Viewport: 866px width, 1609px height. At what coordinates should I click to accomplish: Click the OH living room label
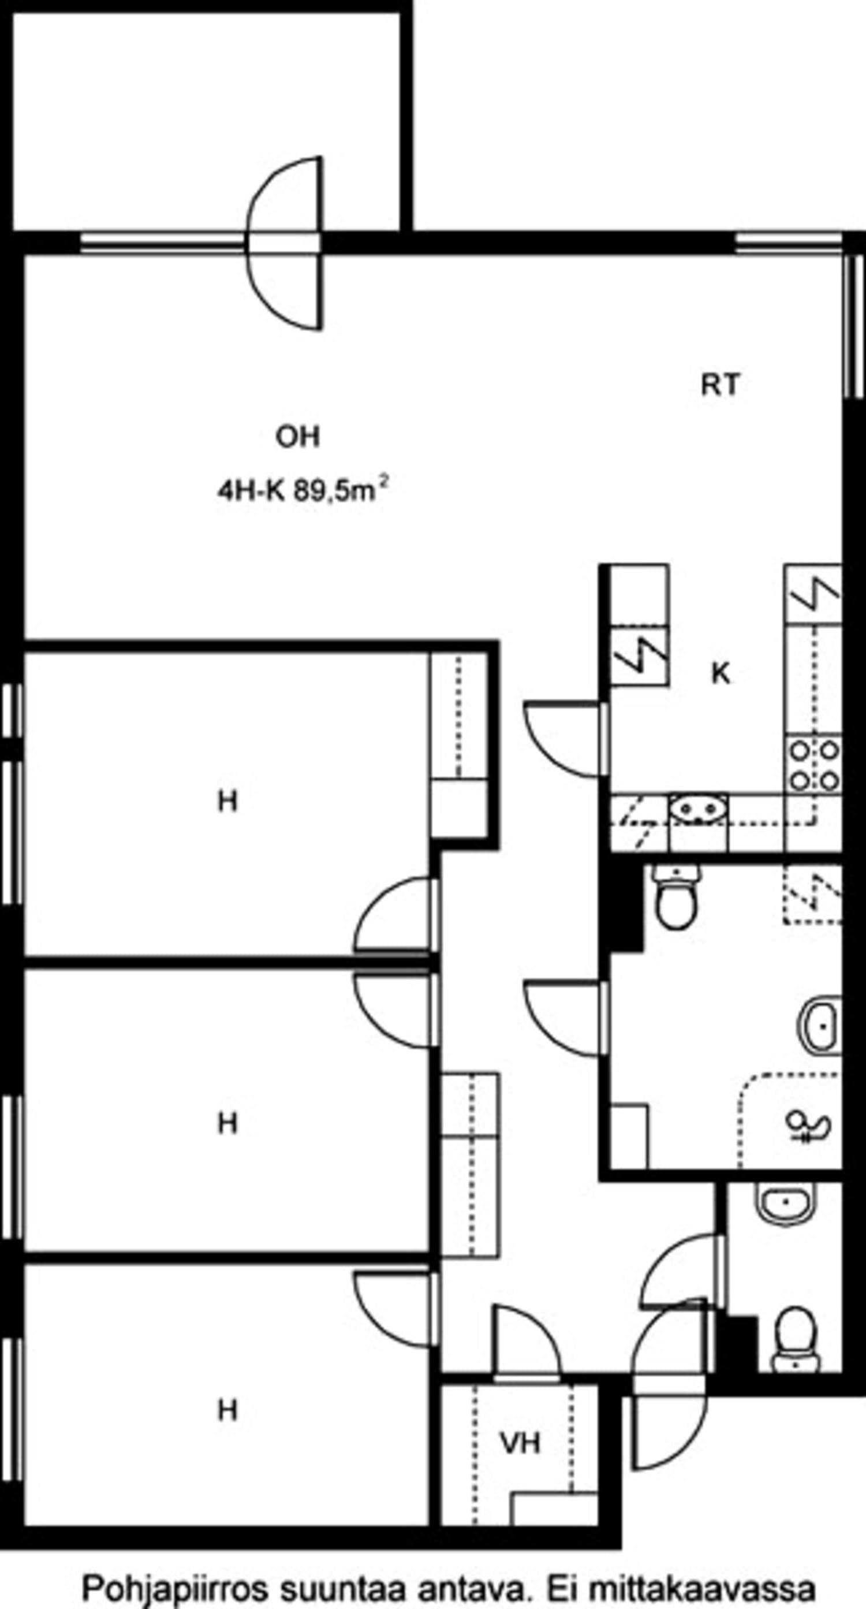point(298,437)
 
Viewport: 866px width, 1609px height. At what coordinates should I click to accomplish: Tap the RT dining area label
point(720,385)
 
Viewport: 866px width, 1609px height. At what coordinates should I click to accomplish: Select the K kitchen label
point(721,673)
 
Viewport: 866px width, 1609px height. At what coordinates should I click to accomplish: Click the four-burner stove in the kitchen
point(813,764)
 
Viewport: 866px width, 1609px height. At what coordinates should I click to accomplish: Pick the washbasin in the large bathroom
point(819,1026)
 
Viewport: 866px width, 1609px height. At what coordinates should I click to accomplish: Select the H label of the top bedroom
point(228,801)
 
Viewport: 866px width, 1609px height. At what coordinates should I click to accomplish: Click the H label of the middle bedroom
point(228,1123)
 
